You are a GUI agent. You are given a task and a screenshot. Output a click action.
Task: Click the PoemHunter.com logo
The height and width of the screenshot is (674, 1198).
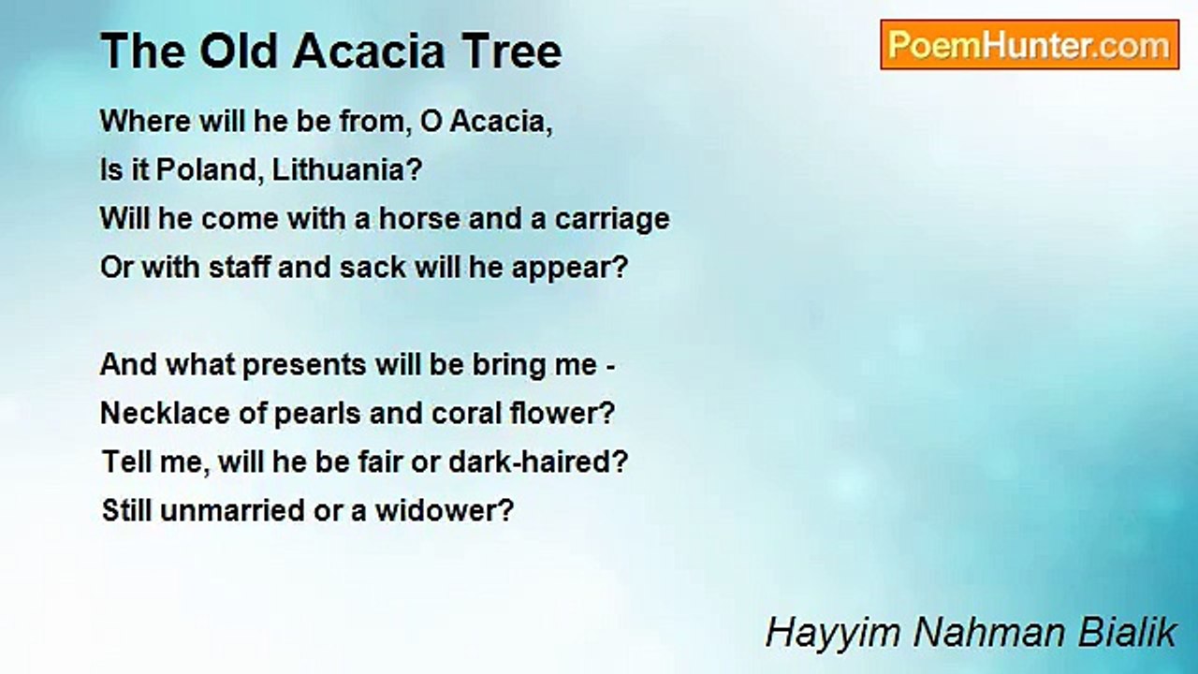coord(1030,45)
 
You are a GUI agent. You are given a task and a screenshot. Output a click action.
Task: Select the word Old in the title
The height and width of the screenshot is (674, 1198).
coord(239,51)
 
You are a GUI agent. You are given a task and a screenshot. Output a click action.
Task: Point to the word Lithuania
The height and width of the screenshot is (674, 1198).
coord(347,170)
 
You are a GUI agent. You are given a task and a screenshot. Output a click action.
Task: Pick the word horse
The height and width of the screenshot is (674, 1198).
coord(420,218)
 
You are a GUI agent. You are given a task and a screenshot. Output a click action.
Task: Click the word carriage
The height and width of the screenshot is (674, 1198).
coord(612,220)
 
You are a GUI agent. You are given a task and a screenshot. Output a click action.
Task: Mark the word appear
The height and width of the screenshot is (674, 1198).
coord(569,269)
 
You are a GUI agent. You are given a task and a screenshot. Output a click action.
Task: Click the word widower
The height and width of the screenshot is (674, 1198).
coord(445,510)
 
